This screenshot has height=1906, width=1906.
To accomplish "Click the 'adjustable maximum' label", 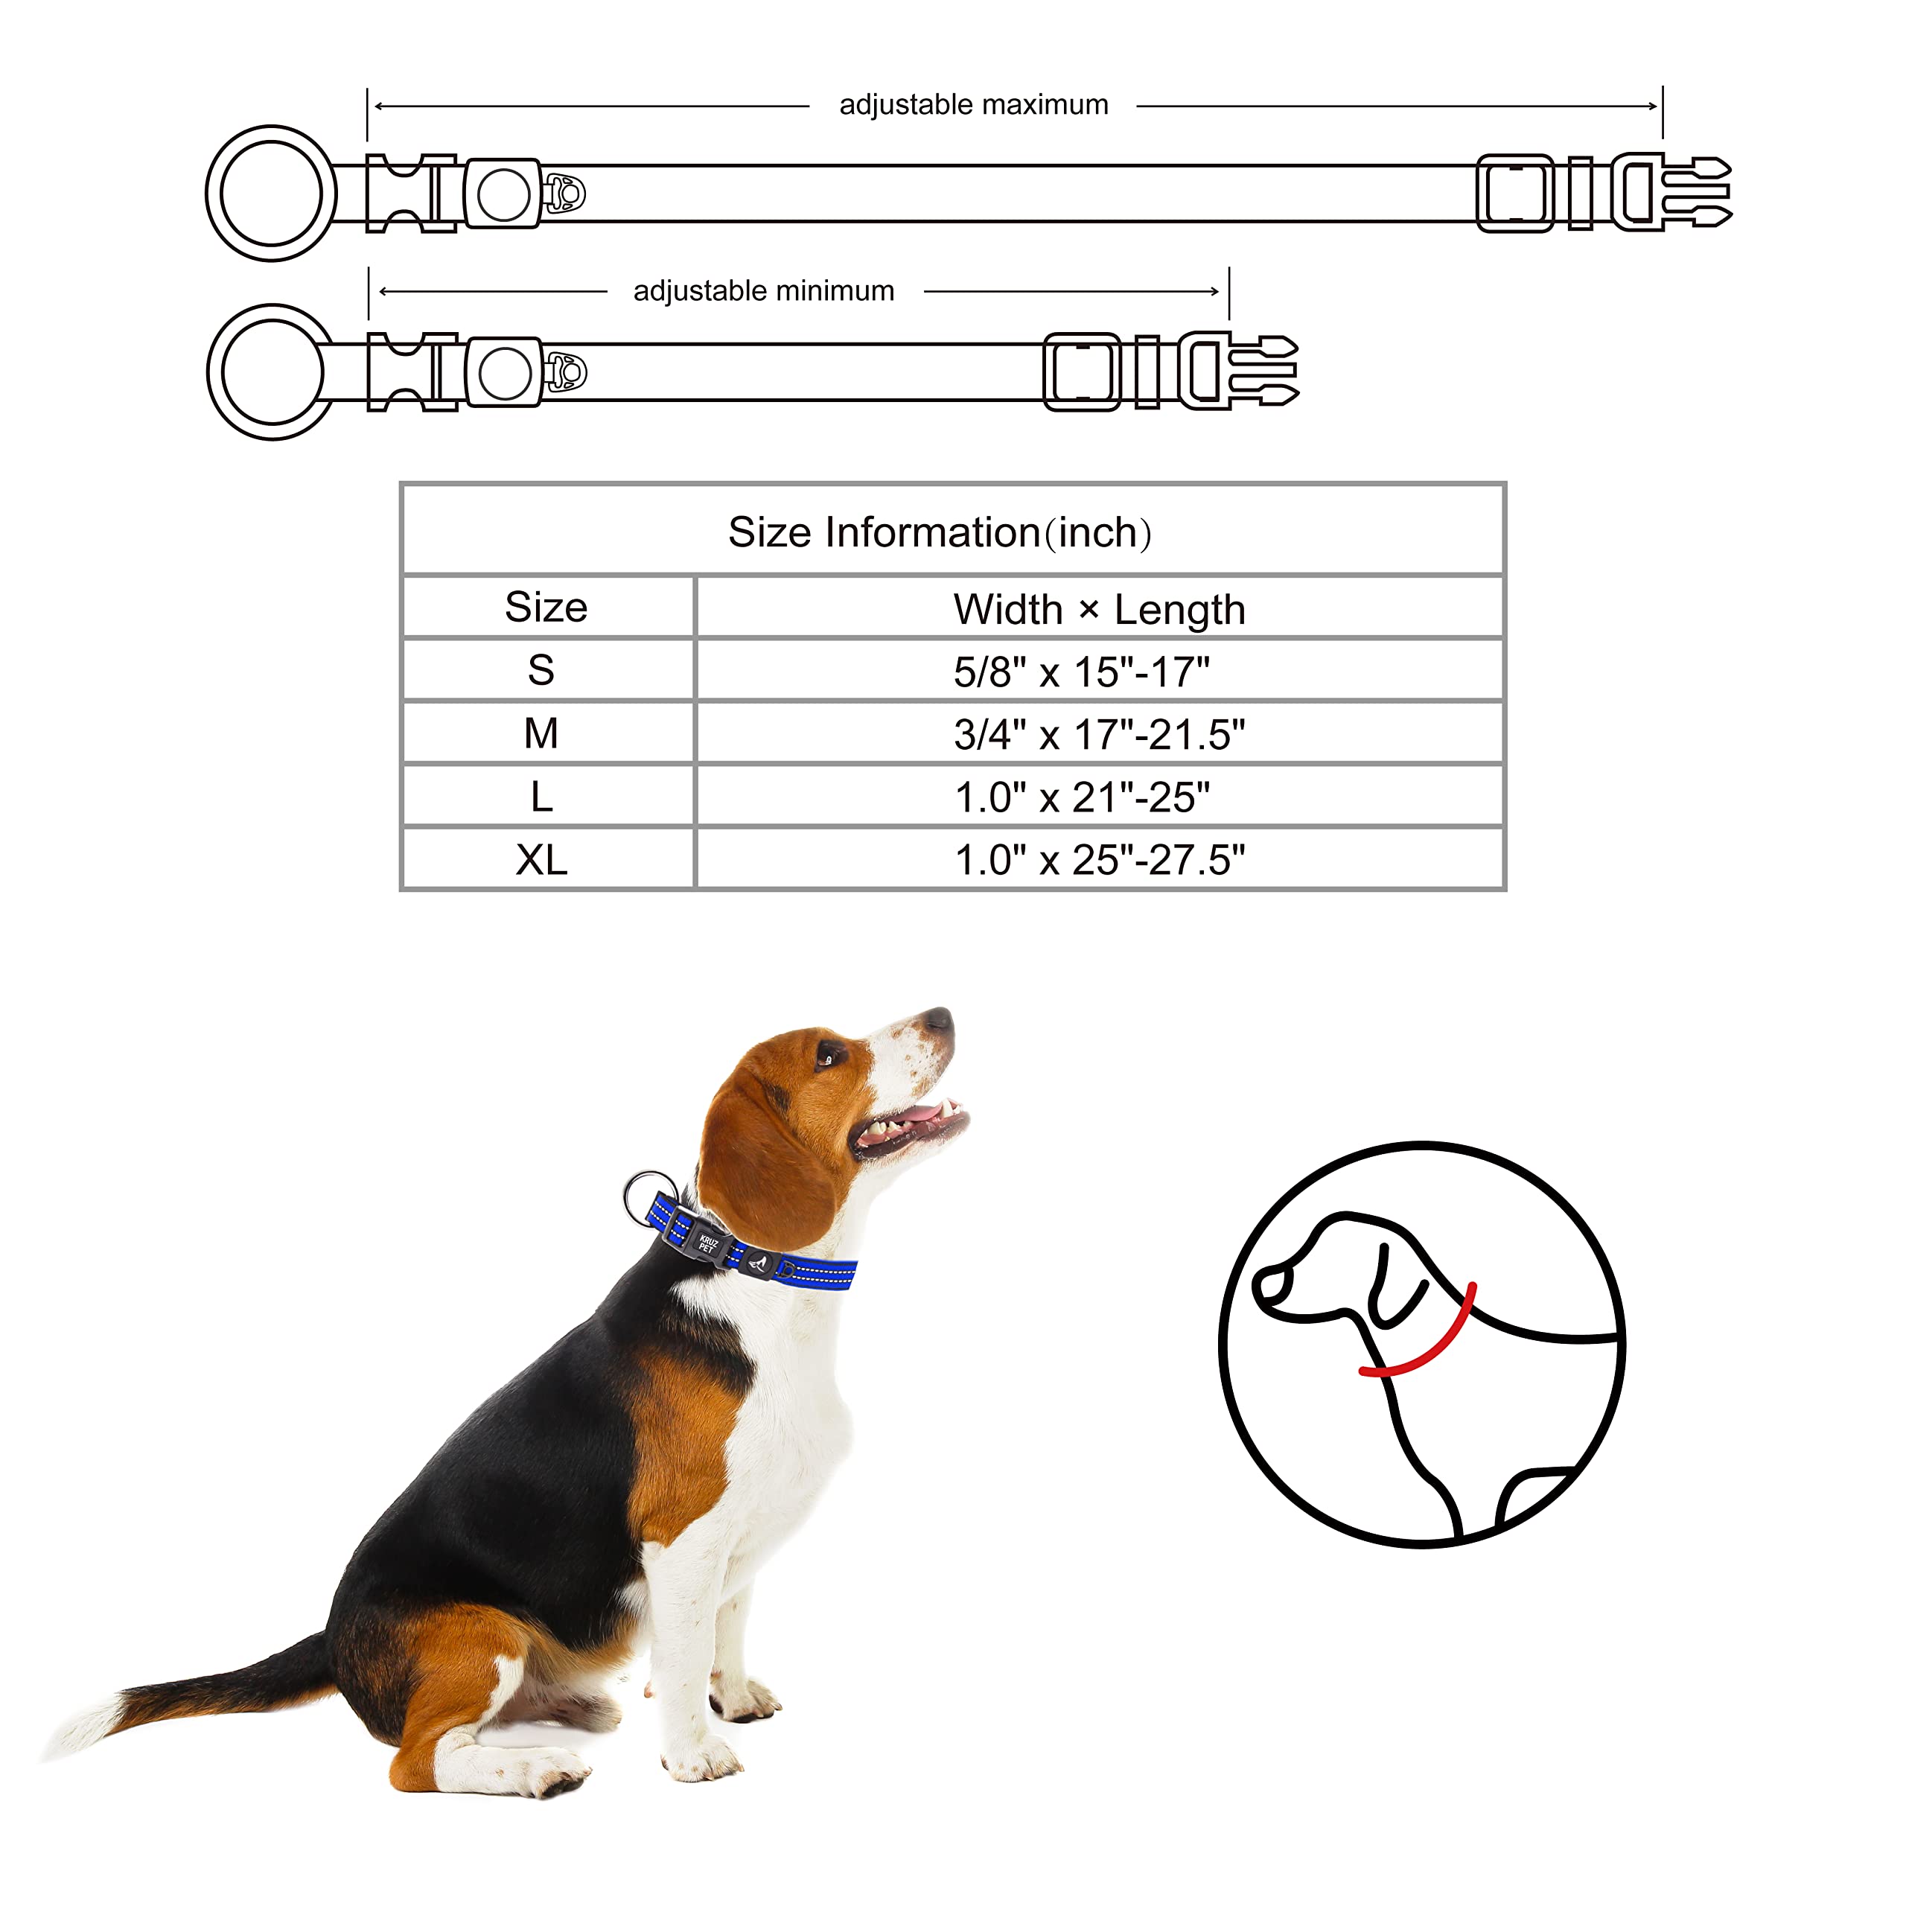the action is [973, 104].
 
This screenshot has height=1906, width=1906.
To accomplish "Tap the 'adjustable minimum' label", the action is [764, 291].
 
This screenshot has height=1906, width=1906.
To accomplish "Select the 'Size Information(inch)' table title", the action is [939, 533].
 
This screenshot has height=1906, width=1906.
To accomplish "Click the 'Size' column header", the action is [546, 607].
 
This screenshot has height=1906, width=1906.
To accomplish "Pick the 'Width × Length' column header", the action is [1099, 610].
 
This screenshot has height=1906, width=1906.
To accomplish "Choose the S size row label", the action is [541, 671].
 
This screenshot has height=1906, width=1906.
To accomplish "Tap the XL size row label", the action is [541, 859].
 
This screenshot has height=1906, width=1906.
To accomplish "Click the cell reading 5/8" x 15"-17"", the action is [1081, 672].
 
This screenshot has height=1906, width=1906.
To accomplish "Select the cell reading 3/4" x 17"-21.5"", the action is [1099, 735].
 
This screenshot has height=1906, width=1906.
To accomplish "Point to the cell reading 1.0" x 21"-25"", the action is [1081, 797].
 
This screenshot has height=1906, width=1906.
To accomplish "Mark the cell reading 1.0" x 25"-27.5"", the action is [1099, 860].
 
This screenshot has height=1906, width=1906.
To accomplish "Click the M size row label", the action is [541, 733].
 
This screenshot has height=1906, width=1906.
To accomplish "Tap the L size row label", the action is [541, 796].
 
